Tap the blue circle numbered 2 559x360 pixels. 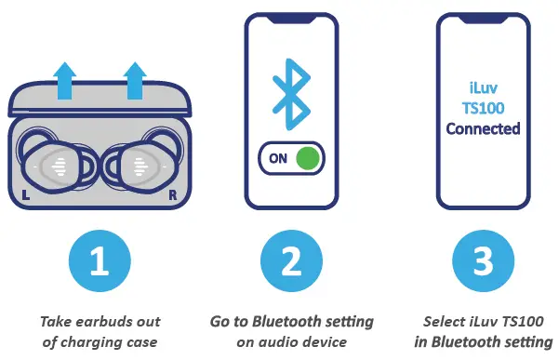tap(292, 262)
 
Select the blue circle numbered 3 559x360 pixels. tap(483, 262)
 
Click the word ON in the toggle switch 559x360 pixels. tap(277, 158)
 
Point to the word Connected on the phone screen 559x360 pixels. tap(483, 128)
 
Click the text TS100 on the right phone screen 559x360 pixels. tap(483, 108)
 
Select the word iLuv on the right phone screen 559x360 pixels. tap(483, 87)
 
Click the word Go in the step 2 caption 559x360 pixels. tap(220, 322)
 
